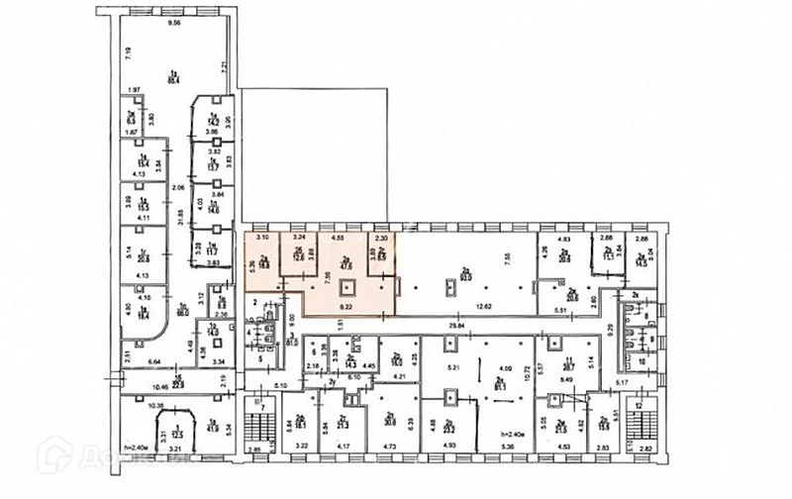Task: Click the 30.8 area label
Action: (x=388, y=420)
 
